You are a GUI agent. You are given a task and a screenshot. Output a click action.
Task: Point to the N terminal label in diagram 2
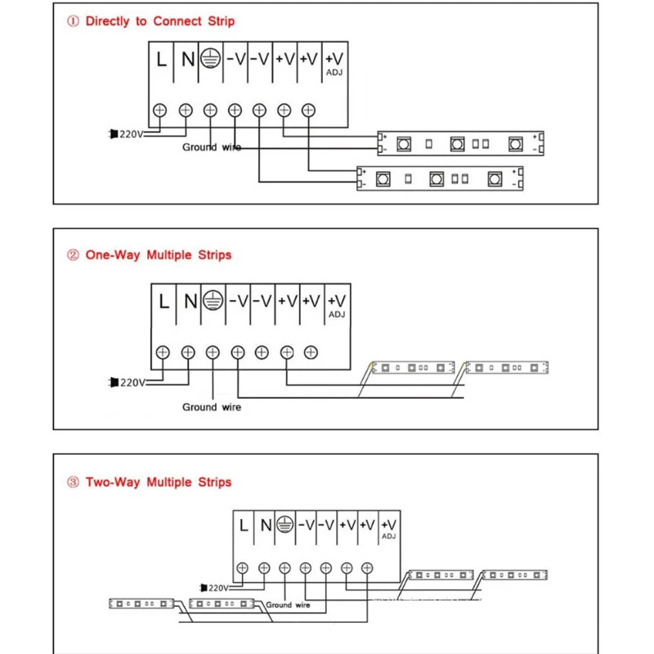pos(190,301)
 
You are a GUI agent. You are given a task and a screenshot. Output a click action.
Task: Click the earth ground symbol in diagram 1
pos(211,60)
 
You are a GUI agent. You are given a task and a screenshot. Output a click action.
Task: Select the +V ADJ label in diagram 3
pos(388,527)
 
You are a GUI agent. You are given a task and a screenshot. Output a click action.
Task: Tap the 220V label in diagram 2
pos(132,382)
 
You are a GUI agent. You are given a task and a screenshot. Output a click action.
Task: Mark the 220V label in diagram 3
pos(217,587)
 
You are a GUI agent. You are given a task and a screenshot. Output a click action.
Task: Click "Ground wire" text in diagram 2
pos(212,406)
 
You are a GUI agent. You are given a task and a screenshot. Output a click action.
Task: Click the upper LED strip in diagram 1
pos(459,143)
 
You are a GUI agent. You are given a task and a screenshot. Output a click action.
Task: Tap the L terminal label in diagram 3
pos(244,525)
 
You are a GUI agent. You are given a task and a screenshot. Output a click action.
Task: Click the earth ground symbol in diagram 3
pos(284,524)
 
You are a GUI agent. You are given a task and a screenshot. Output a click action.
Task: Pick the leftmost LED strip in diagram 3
pos(142,604)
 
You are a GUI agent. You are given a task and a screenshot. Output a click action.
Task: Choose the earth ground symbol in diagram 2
pos(213,300)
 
